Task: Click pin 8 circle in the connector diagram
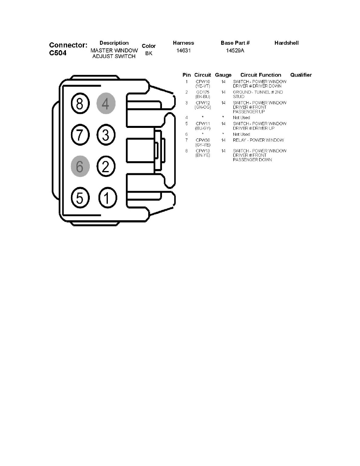pyautogui.click(x=80, y=104)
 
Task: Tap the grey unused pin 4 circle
pyautogui.click(x=106, y=104)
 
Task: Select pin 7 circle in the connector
pyautogui.click(x=80, y=135)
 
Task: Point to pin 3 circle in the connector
pyautogui.click(x=106, y=135)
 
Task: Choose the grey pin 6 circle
pyautogui.click(x=80, y=167)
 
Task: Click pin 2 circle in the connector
pyautogui.click(x=106, y=167)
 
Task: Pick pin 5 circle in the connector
pyautogui.click(x=80, y=198)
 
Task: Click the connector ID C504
pyautogui.click(x=58, y=53)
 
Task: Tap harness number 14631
pyautogui.click(x=184, y=51)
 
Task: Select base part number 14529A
pyautogui.click(x=235, y=51)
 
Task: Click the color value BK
pyautogui.click(x=149, y=53)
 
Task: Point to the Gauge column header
pyautogui.click(x=223, y=75)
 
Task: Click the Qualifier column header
pyautogui.click(x=301, y=75)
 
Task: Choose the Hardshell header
pyautogui.click(x=286, y=43)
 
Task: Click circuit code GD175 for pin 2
pyautogui.click(x=203, y=92)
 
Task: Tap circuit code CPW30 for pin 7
pyautogui.click(x=203, y=140)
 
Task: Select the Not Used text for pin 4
pyautogui.click(x=242, y=118)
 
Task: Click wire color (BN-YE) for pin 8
pyautogui.click(x=203, y=155)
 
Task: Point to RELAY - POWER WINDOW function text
pyautogui.click(x=258, y=140)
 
